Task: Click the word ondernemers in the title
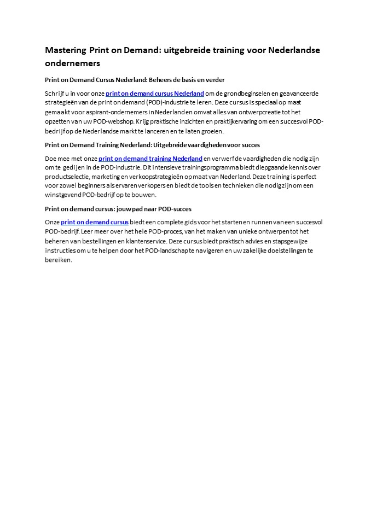pos(72,63)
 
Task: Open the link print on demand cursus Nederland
pos(155,94)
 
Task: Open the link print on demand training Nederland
pos(150,159)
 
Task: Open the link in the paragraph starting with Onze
pos(95,222)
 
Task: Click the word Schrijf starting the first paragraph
pos(55,94)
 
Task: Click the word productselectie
pos(67,177)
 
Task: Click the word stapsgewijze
pos(287,241)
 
